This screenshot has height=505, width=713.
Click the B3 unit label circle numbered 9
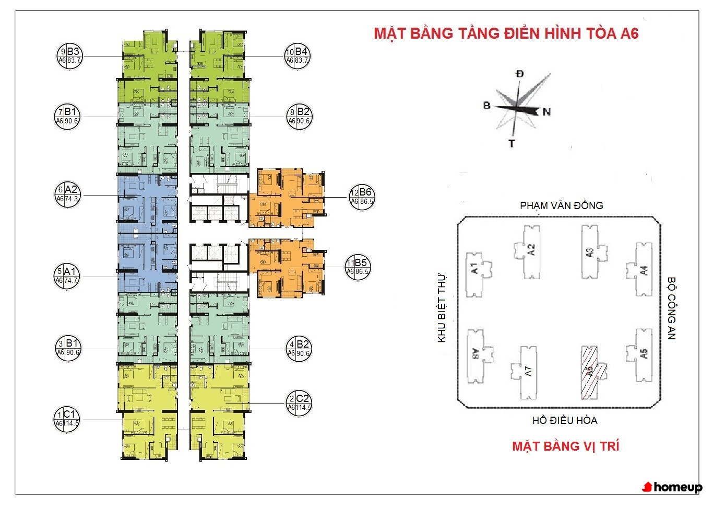(69, 56)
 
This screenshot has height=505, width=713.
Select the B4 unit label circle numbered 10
(297, 56)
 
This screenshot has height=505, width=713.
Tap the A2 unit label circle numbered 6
(68, 194)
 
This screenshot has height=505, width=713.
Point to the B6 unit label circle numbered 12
(362, 197)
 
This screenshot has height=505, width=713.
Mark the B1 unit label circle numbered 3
(68, 348)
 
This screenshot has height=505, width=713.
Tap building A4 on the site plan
(641, 270)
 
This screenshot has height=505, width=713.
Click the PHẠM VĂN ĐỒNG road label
(561, 205)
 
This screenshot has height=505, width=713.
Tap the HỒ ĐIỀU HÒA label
(565, 420)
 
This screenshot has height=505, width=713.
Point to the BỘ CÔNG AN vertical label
(671, 308)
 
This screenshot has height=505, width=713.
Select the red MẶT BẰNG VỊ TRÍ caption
(565, 446)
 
